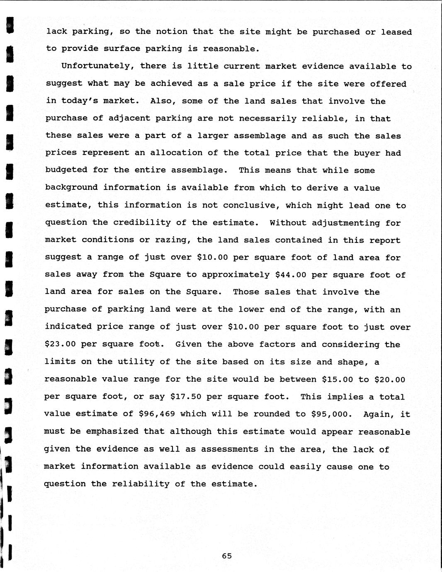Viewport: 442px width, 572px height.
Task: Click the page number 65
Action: (x=227, y=556)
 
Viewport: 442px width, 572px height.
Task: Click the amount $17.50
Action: (x=186, y=397)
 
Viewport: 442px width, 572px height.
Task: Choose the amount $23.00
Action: (x=60, y=344)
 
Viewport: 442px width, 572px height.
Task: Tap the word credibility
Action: (x=142, y=223)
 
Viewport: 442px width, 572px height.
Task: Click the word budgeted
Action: (x=66, y=170)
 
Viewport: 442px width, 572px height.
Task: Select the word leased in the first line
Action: (x=396, y=32)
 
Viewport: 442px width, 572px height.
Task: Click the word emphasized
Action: (x=112, y=431)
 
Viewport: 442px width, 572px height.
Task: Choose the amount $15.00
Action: (x=337, y=379)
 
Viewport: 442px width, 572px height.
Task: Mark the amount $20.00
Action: (x=390, y=379)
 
